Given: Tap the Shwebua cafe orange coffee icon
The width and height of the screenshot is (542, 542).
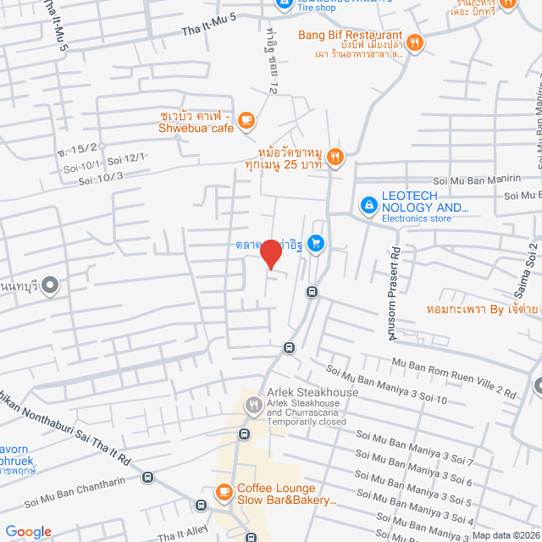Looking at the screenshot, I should coord(246,120).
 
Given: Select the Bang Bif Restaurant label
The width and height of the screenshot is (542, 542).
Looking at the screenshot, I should coord(349,36).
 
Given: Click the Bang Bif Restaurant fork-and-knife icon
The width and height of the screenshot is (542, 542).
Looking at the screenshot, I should coord(414,41).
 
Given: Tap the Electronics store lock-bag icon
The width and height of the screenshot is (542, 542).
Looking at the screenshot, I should coord(368,204).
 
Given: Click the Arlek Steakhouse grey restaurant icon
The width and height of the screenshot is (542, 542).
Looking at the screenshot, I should coord(253,406).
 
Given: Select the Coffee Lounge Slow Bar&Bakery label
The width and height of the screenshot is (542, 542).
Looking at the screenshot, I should coord(286,495).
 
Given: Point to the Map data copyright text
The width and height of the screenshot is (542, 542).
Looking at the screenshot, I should coord(506,534).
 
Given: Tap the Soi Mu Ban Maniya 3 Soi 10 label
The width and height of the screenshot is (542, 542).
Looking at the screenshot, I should coord(387,385).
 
